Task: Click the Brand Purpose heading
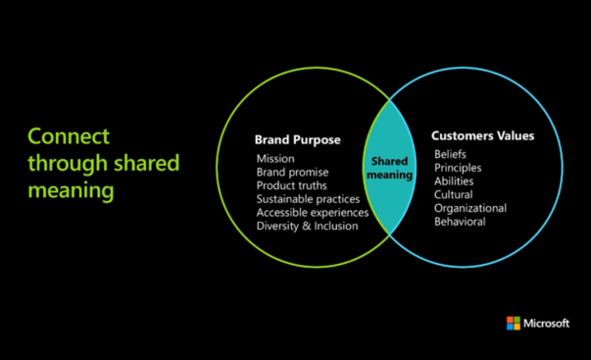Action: [x=297, y=139]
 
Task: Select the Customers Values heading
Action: [x=483, y=135]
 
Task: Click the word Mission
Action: [x=275, y=158]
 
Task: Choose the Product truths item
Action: [x=292, y=185]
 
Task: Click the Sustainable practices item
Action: [x=307, y=199]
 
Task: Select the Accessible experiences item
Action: [x=313, y=213]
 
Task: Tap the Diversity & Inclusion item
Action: [x=307, y=227]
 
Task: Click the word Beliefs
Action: [x=452, y=154]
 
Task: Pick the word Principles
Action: [x=458, y=168]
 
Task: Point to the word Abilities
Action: [x=454, y=181]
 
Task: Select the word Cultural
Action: [x=454, y=194]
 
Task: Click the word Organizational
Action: [x=470, y=208]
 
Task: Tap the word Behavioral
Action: [x=460, y=222]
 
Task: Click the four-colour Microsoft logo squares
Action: [x=513, y=323]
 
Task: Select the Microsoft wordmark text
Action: [x=547, y=323]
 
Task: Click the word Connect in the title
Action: [x=69, y=135]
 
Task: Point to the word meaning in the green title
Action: [x=71, y=189]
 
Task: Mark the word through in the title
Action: [x=63, y=163]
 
